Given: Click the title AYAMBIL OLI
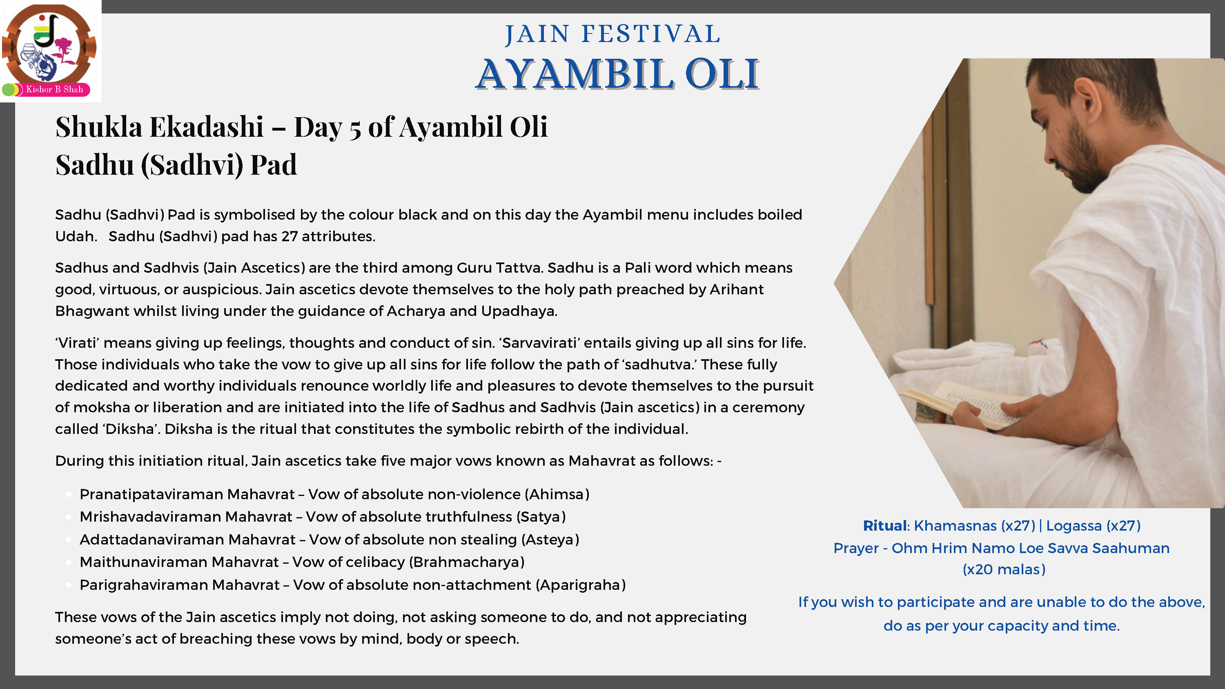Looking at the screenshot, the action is tap(617, 74).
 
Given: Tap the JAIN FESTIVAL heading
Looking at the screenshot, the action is tap(613, 34).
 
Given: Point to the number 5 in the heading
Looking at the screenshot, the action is tap(355, 129).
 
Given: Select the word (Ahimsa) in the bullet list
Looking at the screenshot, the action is tap(557, 495).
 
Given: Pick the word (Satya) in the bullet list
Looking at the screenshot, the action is tap(541, 517).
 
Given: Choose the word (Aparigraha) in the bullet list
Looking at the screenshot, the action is tap(581, 585).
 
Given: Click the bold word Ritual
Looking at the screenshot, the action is tap(884, 525).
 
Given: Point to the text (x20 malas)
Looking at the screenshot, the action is tap(1004, 570).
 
